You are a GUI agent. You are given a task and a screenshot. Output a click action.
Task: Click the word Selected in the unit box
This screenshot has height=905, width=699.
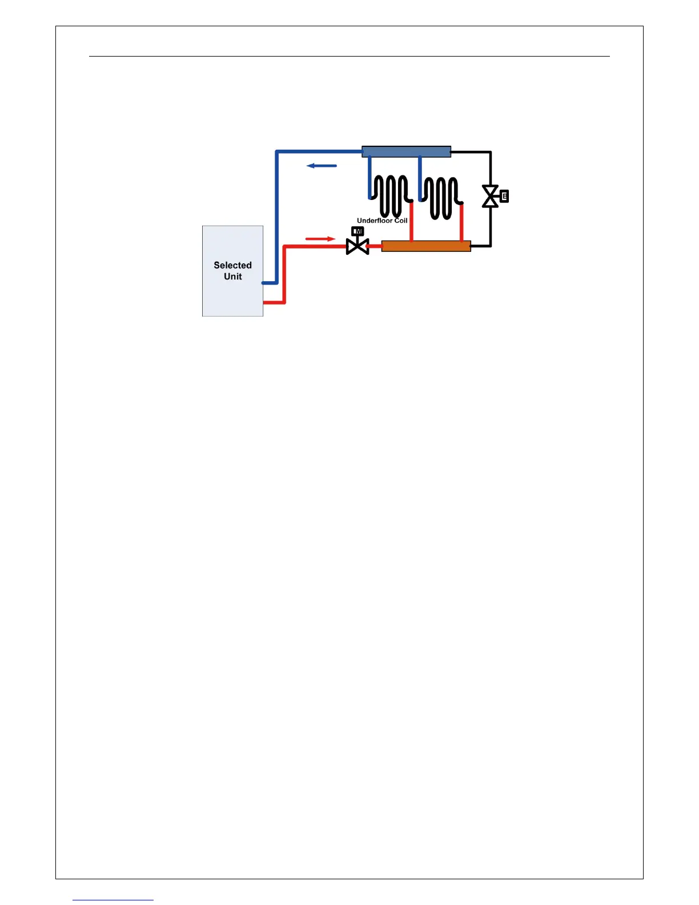pos(232,265)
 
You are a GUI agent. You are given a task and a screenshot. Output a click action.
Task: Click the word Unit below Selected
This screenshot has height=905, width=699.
pos(232,277)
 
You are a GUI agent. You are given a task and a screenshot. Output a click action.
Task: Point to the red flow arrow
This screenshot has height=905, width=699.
pos(320,239)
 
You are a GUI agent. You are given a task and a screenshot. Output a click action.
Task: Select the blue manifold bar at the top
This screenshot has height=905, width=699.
pos(406,151)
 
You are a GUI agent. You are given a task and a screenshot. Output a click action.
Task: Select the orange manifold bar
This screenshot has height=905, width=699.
pos(426,246)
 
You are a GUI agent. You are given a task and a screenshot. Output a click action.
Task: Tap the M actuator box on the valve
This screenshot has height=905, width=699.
pos(357,231)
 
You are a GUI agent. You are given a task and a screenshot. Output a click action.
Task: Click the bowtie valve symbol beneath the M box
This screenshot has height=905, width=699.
pos(357,246)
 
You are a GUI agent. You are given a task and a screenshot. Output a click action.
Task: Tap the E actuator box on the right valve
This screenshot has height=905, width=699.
pos(504,197)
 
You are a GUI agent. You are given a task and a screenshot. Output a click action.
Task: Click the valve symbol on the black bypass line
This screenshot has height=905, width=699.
pos(490,197)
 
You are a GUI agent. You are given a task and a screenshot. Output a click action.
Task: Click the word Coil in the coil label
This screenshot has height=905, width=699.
pos(401,221)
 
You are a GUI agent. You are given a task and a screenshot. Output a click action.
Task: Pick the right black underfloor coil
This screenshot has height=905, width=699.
pos(441,197)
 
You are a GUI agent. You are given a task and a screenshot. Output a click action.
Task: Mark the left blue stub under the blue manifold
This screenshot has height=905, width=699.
pos(370,177)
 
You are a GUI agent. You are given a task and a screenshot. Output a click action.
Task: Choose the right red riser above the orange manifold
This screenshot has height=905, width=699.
pos(461,223)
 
